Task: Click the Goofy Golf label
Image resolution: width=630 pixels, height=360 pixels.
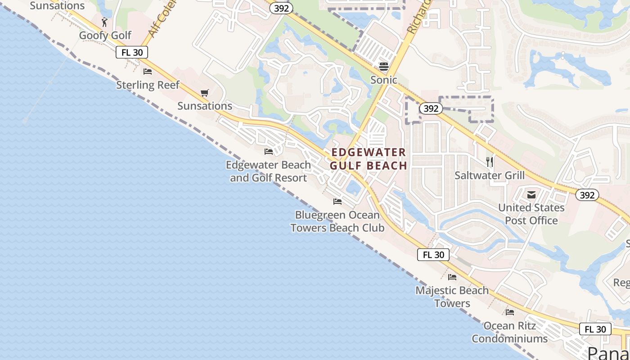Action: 105,35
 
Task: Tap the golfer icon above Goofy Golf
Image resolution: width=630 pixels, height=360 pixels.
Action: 105,22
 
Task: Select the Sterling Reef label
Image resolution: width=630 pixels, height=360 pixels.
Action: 148,85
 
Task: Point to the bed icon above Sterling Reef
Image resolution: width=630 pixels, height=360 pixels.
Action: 148,71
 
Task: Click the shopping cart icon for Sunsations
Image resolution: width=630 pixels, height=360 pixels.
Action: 205,93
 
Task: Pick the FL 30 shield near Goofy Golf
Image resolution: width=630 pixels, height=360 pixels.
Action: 132,52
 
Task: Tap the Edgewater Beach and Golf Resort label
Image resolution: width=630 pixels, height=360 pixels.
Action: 268,171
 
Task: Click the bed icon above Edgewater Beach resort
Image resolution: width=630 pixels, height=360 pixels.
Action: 269,152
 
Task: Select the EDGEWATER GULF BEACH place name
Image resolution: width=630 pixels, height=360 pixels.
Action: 369,159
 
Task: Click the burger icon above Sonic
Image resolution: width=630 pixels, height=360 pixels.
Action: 384,67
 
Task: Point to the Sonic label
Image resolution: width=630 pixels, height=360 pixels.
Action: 384,80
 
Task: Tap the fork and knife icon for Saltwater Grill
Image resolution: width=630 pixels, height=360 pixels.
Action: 490,162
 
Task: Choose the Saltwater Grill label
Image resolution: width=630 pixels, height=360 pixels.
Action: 490,175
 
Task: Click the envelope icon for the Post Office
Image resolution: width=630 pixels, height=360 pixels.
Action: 531,194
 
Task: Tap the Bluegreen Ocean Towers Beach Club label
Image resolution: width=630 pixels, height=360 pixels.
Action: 337,221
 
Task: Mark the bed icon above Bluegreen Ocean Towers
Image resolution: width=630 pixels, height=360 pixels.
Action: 337,201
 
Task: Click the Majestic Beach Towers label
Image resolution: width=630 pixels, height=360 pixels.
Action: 452,297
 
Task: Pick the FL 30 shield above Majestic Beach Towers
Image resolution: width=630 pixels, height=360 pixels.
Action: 433,255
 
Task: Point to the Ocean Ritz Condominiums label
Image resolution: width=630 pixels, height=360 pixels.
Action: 509,332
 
